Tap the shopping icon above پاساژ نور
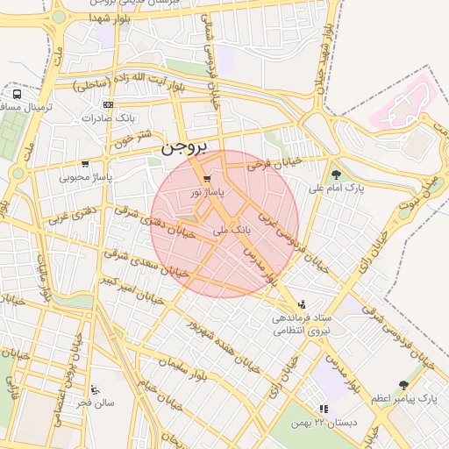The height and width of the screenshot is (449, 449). click(x=207, y=178)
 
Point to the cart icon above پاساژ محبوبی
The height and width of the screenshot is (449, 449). click(x=84, y=164)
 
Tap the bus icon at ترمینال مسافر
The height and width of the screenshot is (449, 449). click(x=17, y=94)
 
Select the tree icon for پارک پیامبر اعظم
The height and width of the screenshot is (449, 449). click(x=403, y=384)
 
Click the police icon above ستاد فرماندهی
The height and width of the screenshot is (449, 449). click(x=303, y=303)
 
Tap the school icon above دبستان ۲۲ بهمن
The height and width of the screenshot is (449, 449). click(x=324, y=409)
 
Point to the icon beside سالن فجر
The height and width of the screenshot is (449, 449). click(x=96, y=389)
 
